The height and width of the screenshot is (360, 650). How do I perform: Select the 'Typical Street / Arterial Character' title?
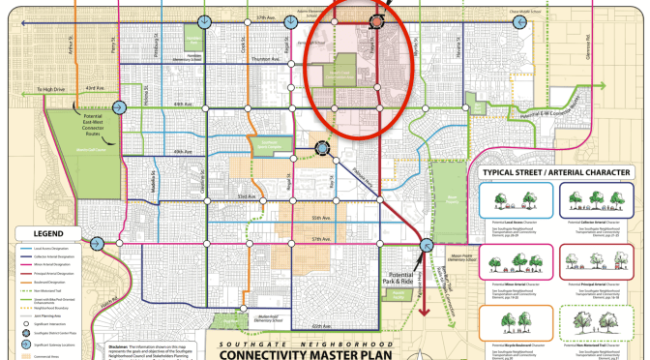pyautogui.click(x=559, y=175)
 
